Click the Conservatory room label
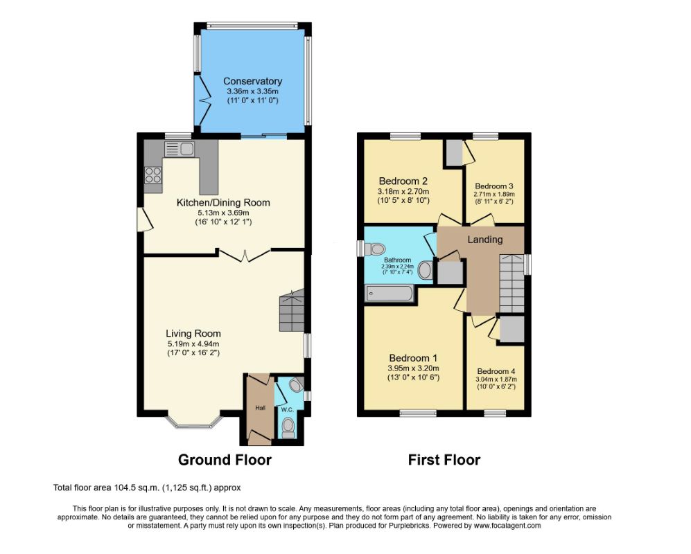point(252,81)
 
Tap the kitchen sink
point(179,149)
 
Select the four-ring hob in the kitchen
point(153,175)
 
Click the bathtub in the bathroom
point(389,294)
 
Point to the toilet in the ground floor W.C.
point(288,427)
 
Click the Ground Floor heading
point(225,460)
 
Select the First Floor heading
point(444,460)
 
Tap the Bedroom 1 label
point(413,358)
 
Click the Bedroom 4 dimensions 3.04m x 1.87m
point(496,379)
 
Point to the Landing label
point(484,239)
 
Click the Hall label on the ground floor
point(261,408)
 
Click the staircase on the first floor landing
point(511,284)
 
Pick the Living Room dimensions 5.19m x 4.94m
point(193,344)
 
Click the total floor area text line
point(147,488)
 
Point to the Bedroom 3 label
point(494,186)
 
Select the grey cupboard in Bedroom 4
point(511,328)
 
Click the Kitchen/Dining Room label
point(223,203)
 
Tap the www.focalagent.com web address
point(507,526)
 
